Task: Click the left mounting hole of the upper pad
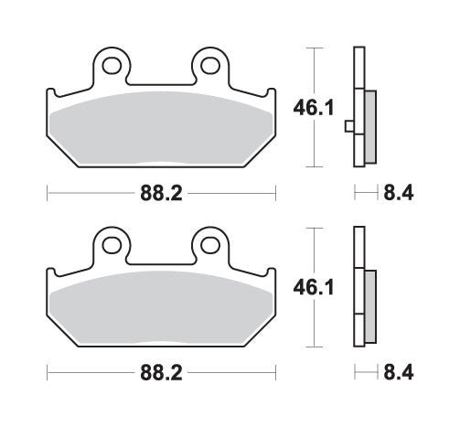click(112, 65)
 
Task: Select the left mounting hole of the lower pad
click(112, 244)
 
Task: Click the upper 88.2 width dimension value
click(160, 194)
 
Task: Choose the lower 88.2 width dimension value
click(160, 374)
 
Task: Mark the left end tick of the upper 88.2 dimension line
click(47, 194)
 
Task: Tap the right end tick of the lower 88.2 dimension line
click(275, 374)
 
